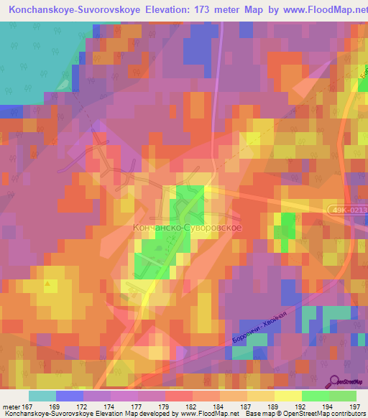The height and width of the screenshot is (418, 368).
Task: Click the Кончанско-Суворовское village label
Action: (186, 227)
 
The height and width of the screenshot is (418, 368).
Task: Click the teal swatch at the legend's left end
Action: (42, 396)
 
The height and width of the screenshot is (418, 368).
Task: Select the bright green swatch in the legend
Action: (315, 396)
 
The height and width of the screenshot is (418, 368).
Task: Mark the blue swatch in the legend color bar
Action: (70, 396)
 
